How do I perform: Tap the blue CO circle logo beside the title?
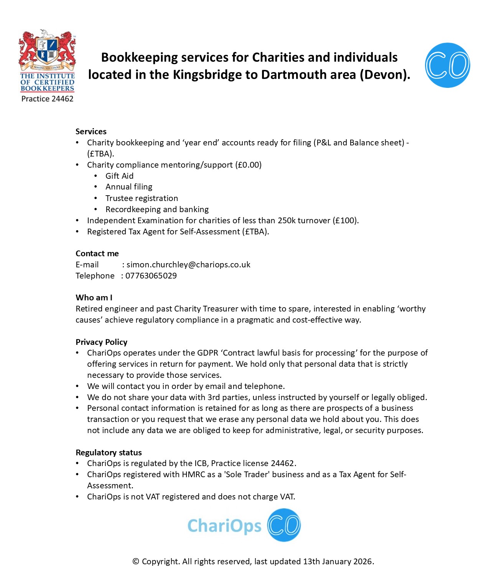pos(447,65)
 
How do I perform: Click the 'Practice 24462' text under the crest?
pos(47,99)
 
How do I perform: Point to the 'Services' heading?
pos(91,132)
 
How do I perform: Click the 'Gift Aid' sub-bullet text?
pos(119,176)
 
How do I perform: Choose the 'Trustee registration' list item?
pos(142,198)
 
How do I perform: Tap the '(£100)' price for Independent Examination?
pos(345,221)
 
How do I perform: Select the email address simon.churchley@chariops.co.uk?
pos(188,265)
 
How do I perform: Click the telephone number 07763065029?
pos(151,276)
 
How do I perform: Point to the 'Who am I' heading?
pos(94,298)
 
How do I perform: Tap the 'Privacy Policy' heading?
pos(101,342)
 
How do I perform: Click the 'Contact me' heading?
pos(97,254)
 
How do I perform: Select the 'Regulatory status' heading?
pos(109,453)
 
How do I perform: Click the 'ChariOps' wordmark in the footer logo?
pos(224,526)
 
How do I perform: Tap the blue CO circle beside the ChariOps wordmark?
pos(284,525)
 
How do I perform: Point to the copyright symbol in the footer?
pos(136,562)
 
